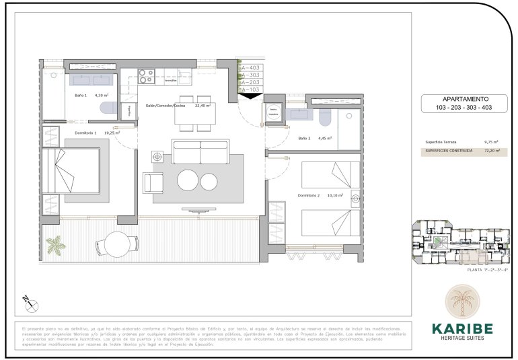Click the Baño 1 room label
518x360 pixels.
(80, 96)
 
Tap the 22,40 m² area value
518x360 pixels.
(202, 106)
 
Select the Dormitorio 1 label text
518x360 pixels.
(85, 133)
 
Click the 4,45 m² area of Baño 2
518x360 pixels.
(326, 139)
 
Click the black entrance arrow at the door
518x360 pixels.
(251, 96)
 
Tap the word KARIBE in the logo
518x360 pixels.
(462, 328)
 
